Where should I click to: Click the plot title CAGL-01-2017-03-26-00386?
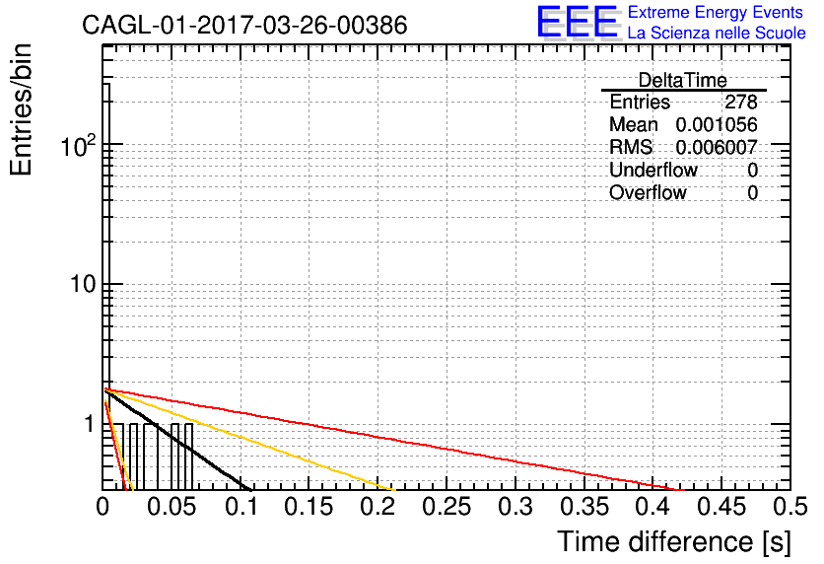244,25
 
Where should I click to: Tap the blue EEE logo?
577,22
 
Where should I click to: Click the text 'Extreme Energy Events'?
716,12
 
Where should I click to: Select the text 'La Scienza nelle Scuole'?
717,33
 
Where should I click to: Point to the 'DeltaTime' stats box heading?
682,80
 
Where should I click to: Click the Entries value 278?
741,102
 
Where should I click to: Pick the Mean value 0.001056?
717,124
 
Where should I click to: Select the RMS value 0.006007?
717,147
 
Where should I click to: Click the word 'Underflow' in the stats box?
652,170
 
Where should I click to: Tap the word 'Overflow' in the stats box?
648,192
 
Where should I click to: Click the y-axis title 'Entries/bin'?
21,109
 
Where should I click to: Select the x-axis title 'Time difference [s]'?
674,541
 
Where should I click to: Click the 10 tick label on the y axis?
83,284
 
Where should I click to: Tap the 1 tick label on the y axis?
91,424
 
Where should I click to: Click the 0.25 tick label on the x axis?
446,507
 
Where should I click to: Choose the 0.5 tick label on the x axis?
790,507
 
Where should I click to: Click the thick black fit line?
178,441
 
